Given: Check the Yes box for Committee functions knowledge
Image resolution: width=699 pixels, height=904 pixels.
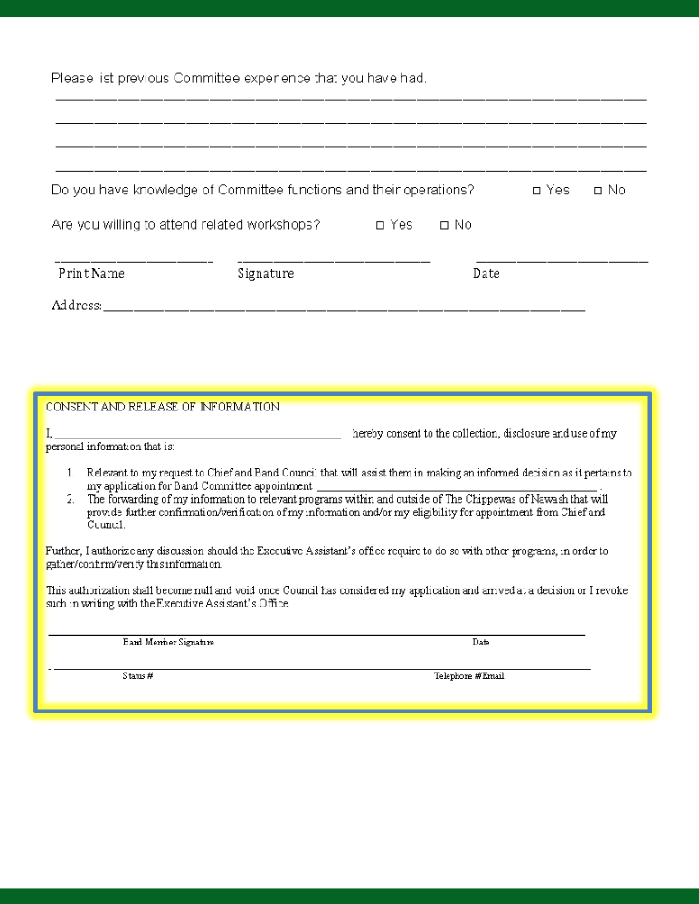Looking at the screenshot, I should coord(536,191).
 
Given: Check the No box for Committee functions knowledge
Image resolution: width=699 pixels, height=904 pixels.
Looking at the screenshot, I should coord(598,191).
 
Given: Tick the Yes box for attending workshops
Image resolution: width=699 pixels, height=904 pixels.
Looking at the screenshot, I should coord(380,225).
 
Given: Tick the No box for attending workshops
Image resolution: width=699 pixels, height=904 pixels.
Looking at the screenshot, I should coord(444,225).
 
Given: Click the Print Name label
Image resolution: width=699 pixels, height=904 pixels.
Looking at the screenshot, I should coord(91,273).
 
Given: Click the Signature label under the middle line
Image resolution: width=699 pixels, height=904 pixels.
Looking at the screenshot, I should coord(265,273).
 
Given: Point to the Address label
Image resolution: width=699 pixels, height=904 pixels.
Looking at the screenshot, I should coord(76,306).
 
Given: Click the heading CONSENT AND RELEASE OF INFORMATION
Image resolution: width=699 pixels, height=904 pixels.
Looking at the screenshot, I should coord(163,407).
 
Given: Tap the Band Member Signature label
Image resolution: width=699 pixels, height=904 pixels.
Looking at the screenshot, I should coord(168,642).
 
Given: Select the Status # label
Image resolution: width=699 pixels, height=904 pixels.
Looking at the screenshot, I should coord(137,675).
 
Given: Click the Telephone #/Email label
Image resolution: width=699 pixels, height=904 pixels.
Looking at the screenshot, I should coord(468,675).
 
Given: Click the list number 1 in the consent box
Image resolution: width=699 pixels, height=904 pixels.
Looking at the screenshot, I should coord(71,473).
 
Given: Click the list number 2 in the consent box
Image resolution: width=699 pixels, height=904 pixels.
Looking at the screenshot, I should coord(71,499).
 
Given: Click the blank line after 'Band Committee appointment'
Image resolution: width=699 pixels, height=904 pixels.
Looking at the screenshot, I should coord(457,487).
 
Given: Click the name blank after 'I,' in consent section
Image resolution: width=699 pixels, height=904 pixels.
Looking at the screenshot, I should coord(197,435).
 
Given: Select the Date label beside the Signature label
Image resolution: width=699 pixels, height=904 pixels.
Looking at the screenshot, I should coord(486,273).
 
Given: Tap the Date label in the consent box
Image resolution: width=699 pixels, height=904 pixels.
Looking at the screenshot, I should coord(480,642).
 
